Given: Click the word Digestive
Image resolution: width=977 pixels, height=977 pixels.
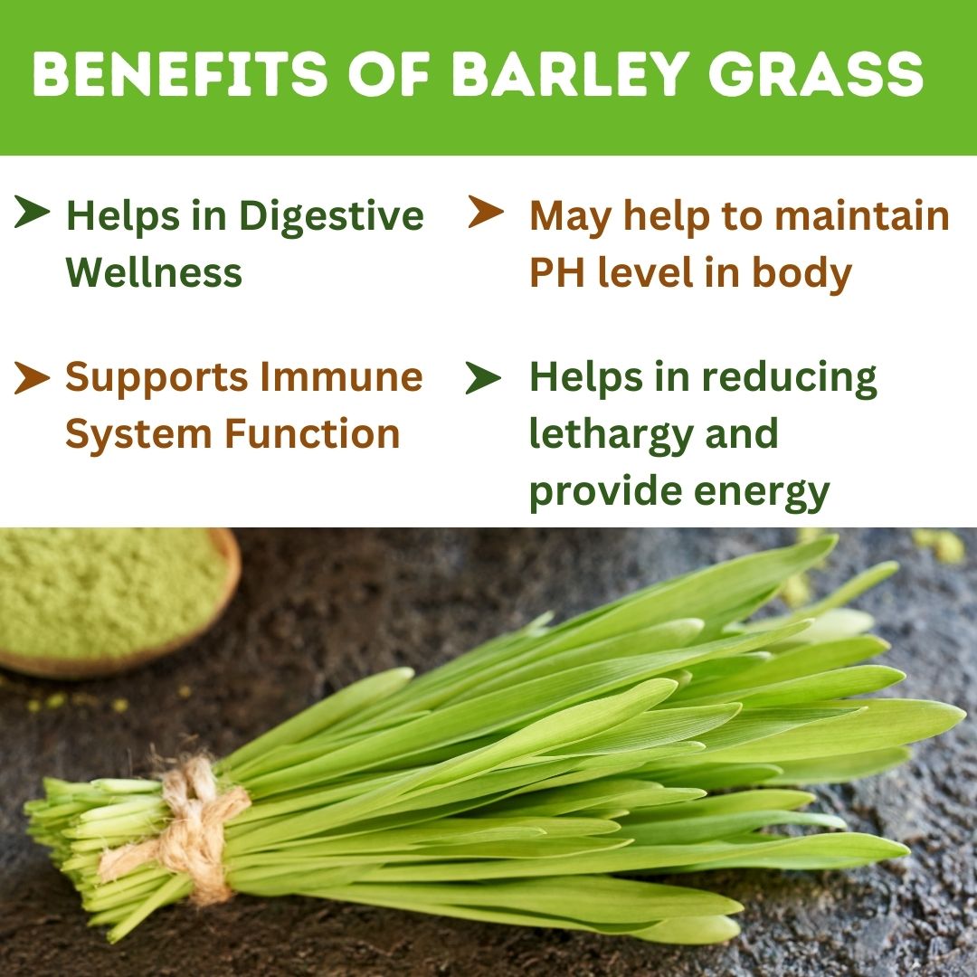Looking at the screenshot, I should [331, 217].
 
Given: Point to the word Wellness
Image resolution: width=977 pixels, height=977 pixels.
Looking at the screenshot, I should [154, 273].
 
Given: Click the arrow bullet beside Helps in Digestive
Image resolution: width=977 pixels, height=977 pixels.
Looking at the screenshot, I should [33, 214].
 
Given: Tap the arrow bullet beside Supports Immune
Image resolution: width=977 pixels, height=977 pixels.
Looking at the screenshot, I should [32, 378].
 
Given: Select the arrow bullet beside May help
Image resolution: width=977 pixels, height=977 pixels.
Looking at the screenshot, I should [486, 214].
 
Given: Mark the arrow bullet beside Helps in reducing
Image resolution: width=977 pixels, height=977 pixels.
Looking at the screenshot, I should [483, 378].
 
